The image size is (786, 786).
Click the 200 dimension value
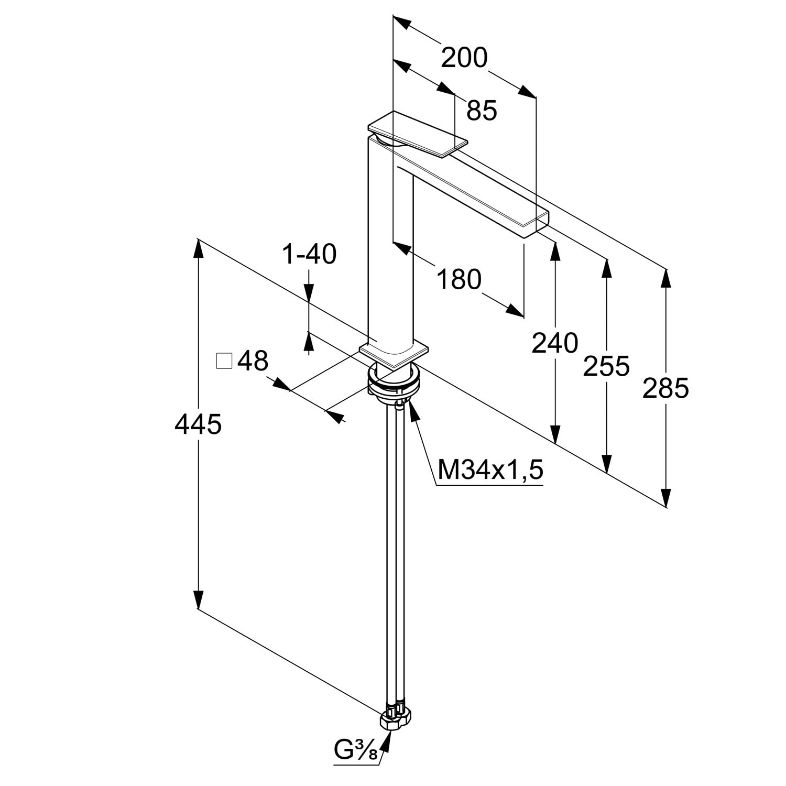tap(464, 58)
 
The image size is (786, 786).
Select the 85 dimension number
tap(482, 111)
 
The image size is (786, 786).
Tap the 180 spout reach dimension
tap(459, 279)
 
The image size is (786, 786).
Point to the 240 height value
tap(555, 343)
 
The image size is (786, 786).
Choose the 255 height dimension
tap(606, 366)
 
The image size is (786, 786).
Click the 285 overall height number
tap(665, 388)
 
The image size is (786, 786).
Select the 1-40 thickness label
tap(309, 255)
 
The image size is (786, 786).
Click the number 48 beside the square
tap(253, 361)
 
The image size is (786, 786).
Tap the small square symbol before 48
tap(224, 361)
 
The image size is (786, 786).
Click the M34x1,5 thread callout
tap(490, 470)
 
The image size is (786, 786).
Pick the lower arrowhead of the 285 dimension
tap(665, 498)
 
